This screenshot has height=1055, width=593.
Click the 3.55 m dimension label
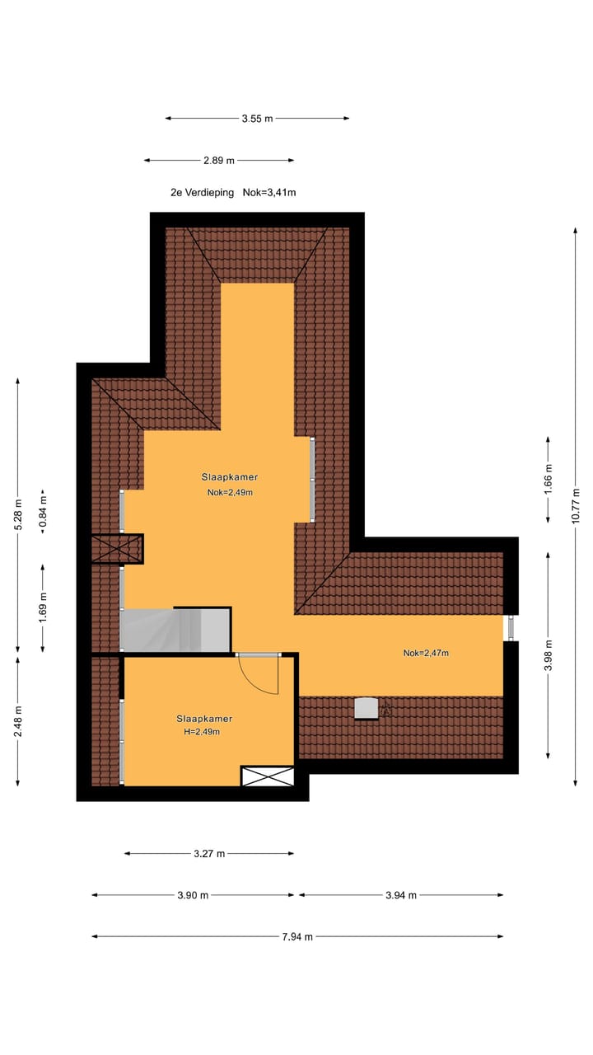click(x=257, y=119)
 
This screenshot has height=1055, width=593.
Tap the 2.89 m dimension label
click(x=218, y=160)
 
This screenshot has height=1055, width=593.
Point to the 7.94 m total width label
click(x=297, y=936)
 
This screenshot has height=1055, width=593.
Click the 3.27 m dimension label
click(x=209, y=854)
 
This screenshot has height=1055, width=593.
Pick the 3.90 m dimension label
click(x=193, y=895)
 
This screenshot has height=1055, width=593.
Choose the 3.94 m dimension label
click(x=400, y=895)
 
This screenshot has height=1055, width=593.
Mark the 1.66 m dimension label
click(x=549, y=479)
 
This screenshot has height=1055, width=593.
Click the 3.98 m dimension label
click(x=549, y=655)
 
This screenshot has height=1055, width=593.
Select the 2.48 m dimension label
click(x=18, y=721)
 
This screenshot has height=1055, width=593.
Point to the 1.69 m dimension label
click(x=44, y=607)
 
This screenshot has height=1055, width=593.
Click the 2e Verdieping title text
click(x=202, y=193)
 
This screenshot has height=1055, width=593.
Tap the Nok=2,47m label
click(x=426, y=653)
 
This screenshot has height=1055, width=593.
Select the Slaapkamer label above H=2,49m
click(x=203, y=718)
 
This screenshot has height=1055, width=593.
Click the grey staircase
click(x=175, y=630)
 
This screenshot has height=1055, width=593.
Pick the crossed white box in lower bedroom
click(x=268, y=776)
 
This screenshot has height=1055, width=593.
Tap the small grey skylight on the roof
click(x=366, y=708)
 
